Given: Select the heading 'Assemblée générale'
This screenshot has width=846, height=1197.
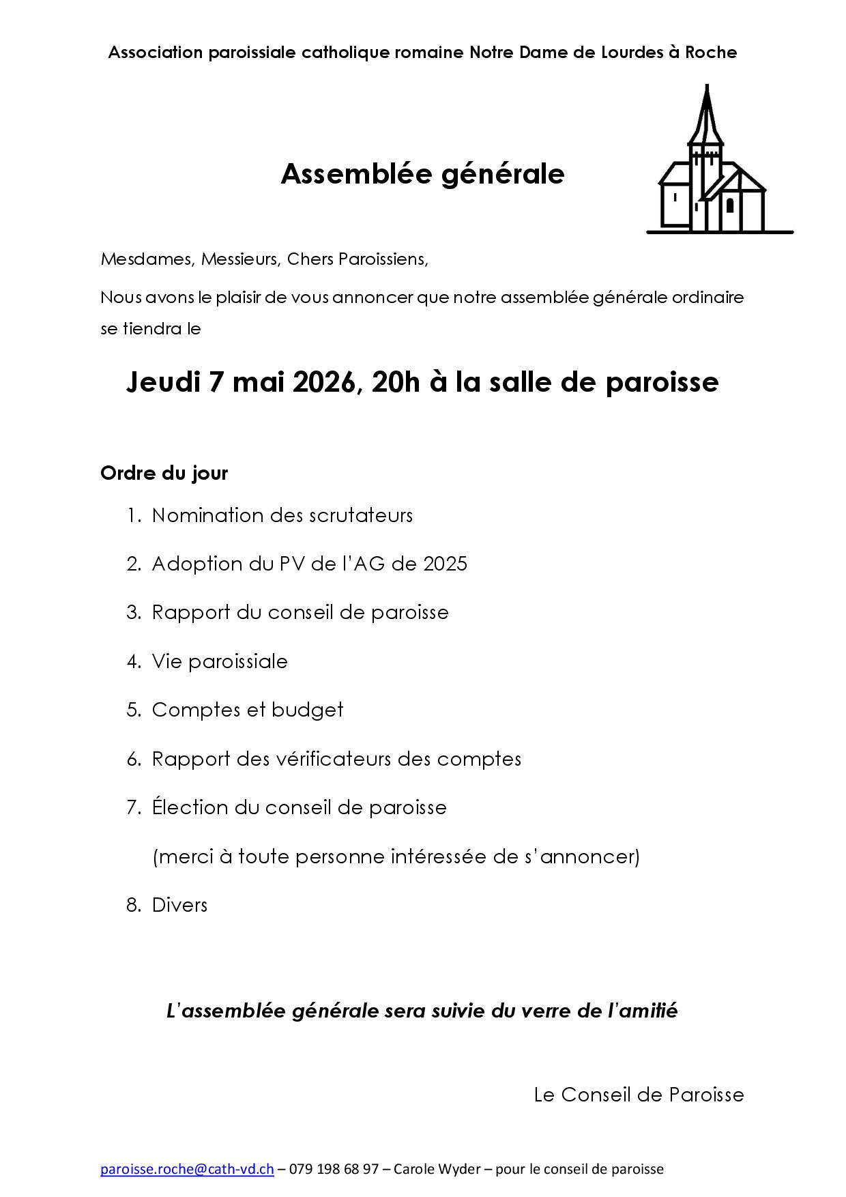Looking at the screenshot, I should (x=422, y=175).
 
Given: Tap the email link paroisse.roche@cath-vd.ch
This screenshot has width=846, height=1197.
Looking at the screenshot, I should (x=187, y=1169).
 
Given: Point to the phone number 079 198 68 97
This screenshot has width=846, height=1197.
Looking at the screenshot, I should (x=334, y=1169).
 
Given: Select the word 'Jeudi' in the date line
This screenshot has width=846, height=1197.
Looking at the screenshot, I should (x=163, y=382).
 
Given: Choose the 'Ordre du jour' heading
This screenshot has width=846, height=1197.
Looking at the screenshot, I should (x=164, y=473).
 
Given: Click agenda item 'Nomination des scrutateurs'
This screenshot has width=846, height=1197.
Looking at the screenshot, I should (x=282, y=515).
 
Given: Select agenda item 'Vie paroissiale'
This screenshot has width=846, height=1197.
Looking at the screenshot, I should (x=220, y=661).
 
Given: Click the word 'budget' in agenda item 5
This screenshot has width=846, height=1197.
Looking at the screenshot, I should (x=307, y=710).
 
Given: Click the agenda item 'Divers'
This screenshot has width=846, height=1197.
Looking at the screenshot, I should (x=179, y=905).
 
